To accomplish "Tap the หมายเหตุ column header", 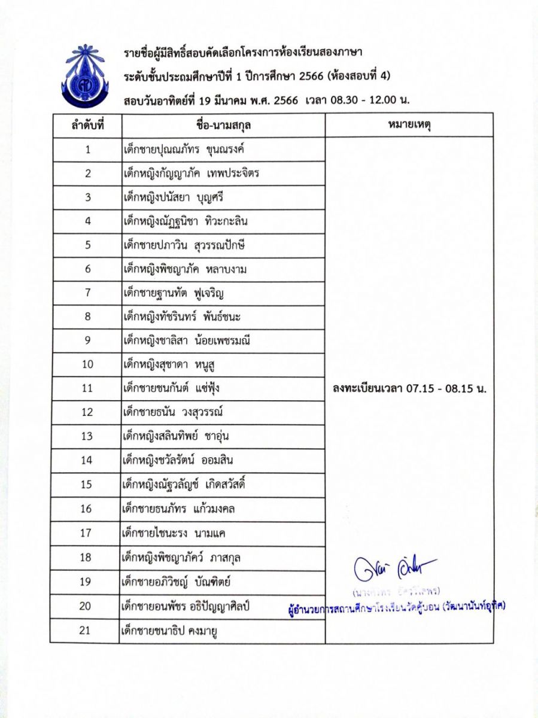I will [x=409, y=126].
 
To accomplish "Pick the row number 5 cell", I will [x=87, y=245].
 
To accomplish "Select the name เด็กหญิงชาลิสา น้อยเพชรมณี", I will [x=185, y=341].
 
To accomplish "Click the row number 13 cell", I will [x=87, y=436].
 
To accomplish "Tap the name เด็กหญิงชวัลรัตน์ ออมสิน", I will [x=178, y=461].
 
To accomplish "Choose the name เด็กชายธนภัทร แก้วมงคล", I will [x=178, y=509].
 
